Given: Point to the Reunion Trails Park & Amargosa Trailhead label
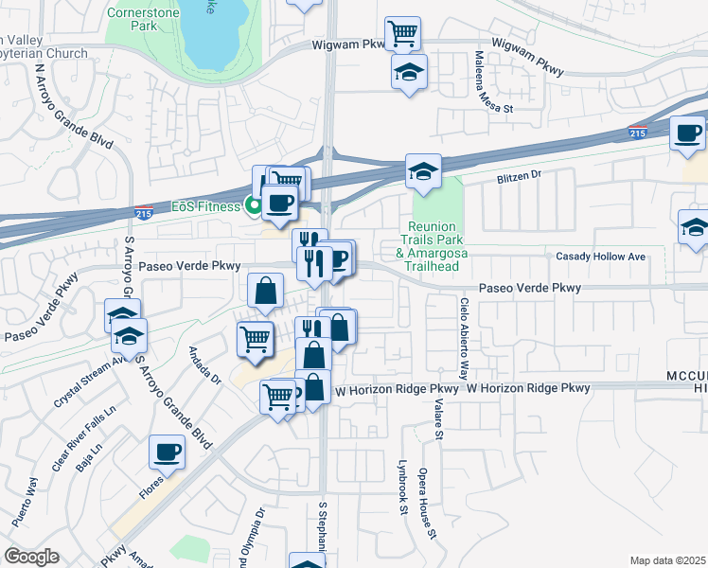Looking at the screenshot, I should [434, 247].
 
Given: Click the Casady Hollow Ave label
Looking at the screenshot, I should [600, 257].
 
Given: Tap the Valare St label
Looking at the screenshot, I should [438, 417].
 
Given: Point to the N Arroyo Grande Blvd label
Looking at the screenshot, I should [74, 105].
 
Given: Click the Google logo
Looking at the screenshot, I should [31, 557].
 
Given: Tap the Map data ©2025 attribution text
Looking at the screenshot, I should [668, 560].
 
